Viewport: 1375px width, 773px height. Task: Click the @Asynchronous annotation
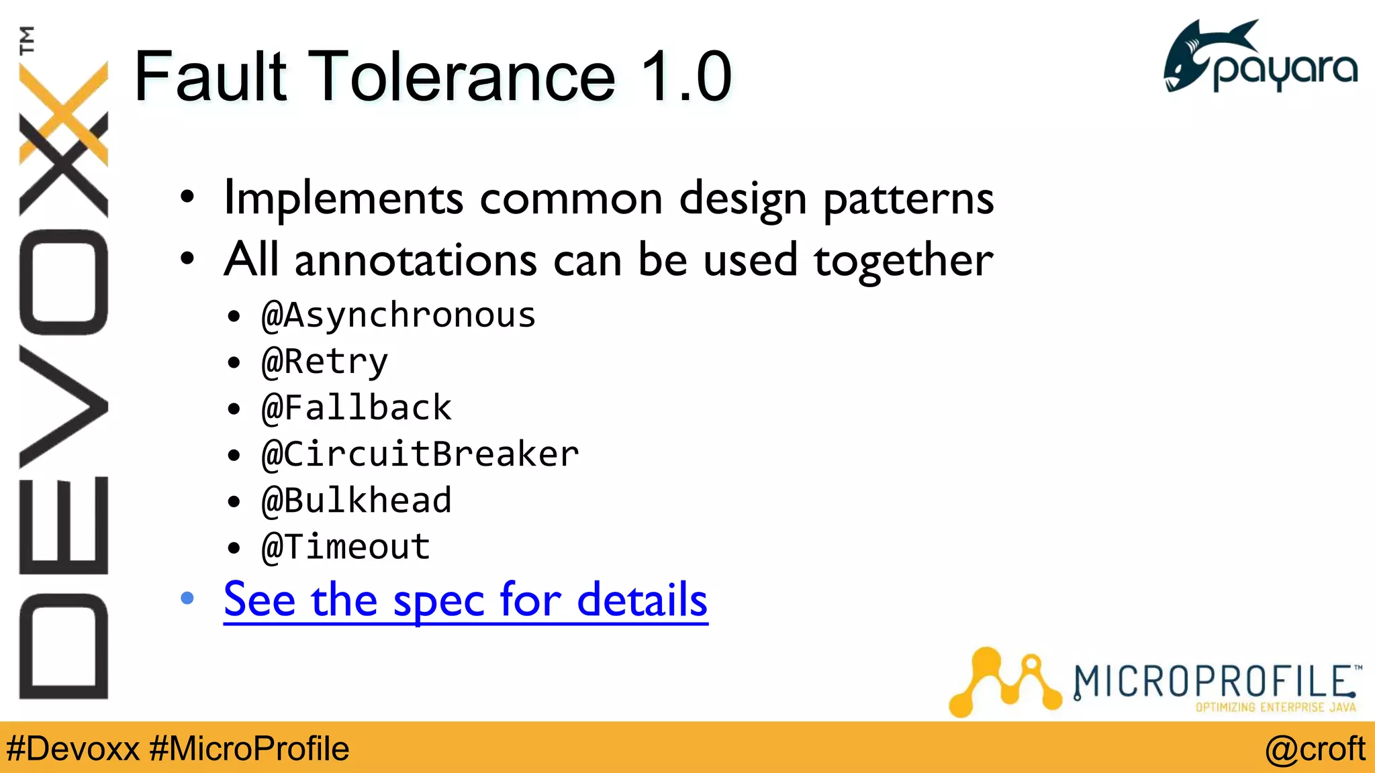point(399,315)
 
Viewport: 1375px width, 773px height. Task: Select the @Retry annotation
point(325,362)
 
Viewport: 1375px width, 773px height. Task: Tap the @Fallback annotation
point(357,408)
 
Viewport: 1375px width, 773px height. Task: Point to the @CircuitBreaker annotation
point(420,454)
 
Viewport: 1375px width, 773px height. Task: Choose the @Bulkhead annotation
point(357,501)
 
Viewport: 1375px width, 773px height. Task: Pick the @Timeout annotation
point(346,547)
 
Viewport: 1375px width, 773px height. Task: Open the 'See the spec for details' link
point(465,599)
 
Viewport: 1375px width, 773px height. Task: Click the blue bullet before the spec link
point(187,598)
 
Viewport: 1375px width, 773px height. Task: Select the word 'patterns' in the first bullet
point(908,199)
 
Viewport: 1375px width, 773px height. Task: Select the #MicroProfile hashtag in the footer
point(249,749)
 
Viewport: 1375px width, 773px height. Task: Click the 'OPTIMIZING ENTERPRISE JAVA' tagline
point(1275,707)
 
